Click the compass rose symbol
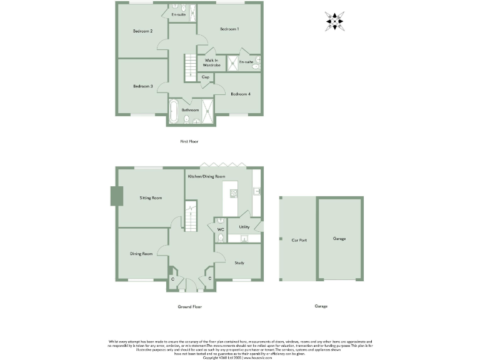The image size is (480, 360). click(x=336, y=21)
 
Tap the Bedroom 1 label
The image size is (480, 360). click(x=229, y=29)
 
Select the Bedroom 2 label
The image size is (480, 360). click(x=142, y=31)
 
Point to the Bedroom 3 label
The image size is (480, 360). click(x=142, y=86)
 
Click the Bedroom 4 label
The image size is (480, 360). click(x=240, y=94)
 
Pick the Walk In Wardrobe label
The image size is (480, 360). click(x=212, y=62)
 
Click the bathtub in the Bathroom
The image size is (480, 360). click(x=175, y=111)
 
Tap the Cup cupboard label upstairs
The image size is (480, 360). click(x=205, y=77)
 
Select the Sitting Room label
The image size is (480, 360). click(x=151, y=197)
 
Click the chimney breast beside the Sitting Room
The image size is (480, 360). click(x=114, y=196)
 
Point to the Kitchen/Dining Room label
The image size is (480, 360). click(x=206, y=177)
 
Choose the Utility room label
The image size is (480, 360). click(x=244, y=227)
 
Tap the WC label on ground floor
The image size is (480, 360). click(x=221, y=230)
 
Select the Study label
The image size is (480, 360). click(x=239, y=263)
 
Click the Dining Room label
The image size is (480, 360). click(x=141, y=254)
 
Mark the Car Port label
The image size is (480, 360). click(x=298, y=239)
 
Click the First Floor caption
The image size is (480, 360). click(x=189, y=142)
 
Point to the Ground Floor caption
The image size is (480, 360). click(x=189, y=307)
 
